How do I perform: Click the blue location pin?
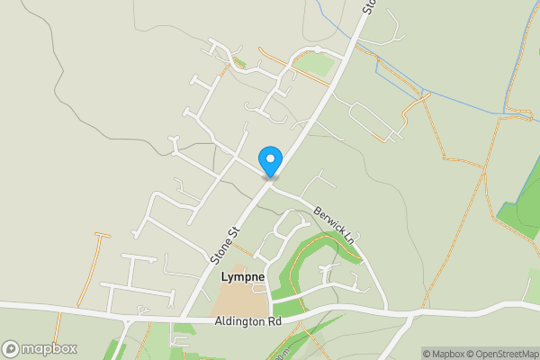click(270, 161)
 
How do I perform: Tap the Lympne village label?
click(243, 278)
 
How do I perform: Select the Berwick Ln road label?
click(333, 227)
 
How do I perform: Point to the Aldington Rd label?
click(247, 321)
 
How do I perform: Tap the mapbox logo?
click(40, 348)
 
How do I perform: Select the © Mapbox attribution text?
click(443, 354)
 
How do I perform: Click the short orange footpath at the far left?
click(90, 270)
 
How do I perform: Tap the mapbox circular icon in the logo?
click(11, 348)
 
